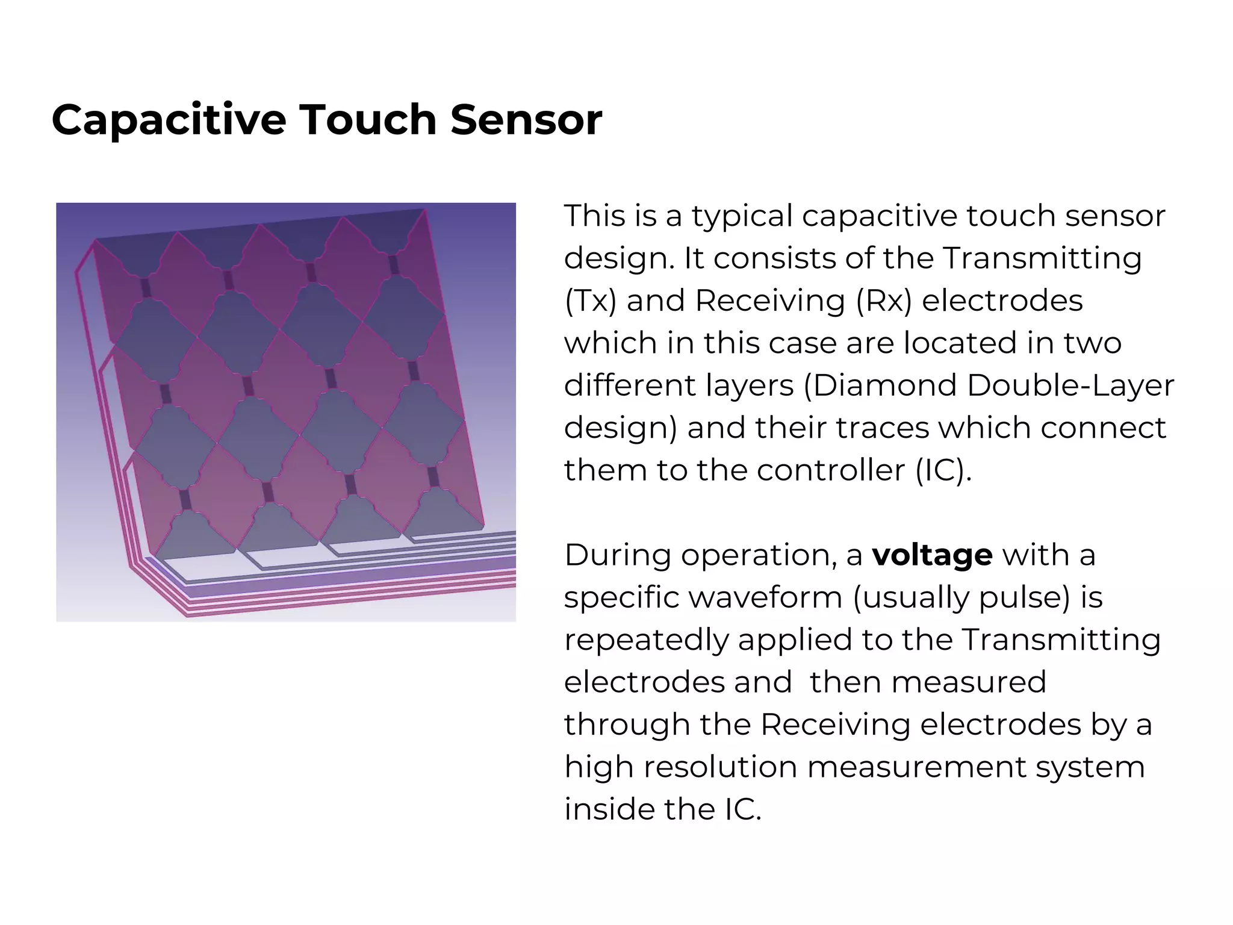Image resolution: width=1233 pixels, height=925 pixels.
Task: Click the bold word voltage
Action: click(932, 555)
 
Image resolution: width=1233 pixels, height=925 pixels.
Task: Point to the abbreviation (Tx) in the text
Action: click(590, 301)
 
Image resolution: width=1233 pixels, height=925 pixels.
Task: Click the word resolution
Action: click(720, 767)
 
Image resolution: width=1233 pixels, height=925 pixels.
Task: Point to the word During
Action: click(618, 555)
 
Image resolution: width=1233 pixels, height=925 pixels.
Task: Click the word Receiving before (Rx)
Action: click(770, 301)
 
